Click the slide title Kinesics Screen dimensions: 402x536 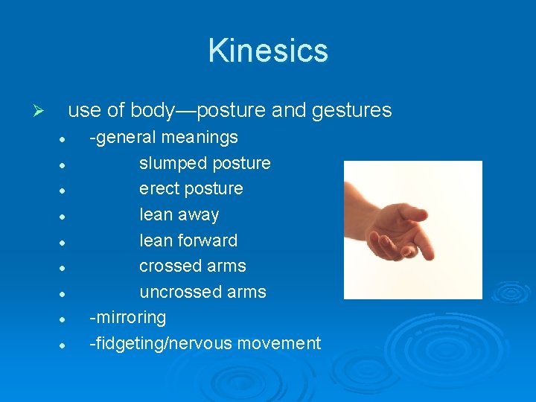point(268,51)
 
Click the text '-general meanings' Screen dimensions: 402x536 point(164,137)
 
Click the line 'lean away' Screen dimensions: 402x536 point(179,214)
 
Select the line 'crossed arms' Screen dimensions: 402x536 point(192,266)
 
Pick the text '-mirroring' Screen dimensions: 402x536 point(127,317)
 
